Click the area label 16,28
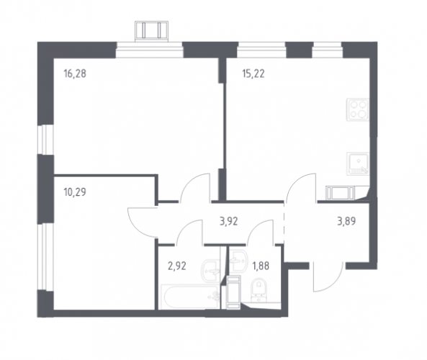pos(75,73)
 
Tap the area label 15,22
pos(253,73)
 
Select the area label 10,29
pos(75,192)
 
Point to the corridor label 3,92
pos(229,221)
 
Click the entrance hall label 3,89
pos(346,221)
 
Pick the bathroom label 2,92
pos(177,266)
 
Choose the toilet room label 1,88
pos(261,266)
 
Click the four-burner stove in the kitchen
pos(358,109)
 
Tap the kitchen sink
pos(358,163)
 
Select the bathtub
pos(190,297)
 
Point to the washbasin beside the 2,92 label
pos(210,271)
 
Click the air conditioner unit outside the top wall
pos(151,32)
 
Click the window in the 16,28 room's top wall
pos(149,50)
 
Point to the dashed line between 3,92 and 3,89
pos(284,223)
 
